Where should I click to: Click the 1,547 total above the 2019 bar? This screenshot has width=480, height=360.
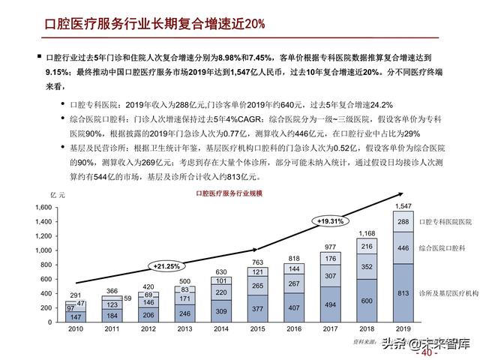click(x=403, y=205)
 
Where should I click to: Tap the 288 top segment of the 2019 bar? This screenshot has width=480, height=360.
click(x=403, y=222)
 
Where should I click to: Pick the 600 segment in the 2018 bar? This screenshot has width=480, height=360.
click(x=367, y=301)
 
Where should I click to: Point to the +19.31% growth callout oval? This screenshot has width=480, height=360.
click(x=330, y=221)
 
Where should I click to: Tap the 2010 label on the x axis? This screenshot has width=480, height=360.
click(x=75, y=328)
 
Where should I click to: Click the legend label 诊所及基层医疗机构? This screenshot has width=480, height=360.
click(x=448, y=294)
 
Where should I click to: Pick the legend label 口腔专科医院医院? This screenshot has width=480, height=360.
click(x=445, y=222)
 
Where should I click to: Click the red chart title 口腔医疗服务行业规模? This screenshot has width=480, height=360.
click(x=229, y=194)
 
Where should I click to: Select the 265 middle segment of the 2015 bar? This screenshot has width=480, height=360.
click(x=258, y=285)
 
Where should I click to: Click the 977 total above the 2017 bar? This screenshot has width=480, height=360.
click(x=331, y=247)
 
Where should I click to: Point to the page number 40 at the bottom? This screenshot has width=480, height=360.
click(x=430, y=352)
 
